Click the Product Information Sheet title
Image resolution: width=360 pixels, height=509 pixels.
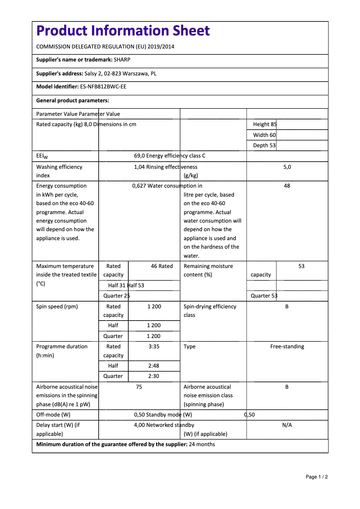pyautogui.click(x=123, y=31)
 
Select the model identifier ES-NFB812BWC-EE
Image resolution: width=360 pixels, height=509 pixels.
pyautogui.click(x=103, y=87)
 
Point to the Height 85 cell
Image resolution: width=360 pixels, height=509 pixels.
pyautogui.click(x=265, y=124)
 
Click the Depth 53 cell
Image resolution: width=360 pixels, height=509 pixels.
pyautogui.click(x=264, y=145)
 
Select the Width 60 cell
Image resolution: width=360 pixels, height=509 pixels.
pyautogui.click(x=264, y=135)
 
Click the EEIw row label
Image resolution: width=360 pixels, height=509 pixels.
pyautogui.click(x=42, y=156)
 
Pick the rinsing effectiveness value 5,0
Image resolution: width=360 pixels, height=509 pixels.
pyautogui.click(x=287, y=167)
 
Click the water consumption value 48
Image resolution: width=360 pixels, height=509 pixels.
pyautogui.click(x=287, y=186)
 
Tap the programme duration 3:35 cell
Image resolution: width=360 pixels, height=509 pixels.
pyautogui.click(x=154, y=347)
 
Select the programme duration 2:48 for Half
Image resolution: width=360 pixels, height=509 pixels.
pyautogui.click(x=154, y=366)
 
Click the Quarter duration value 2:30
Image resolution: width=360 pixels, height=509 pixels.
pyautogui.click(x=154, y=376)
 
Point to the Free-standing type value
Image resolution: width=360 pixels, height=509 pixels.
pyautogui.click(x=287, y=347)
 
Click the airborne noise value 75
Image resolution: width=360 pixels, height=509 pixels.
pyautogui.click(x=139, y=387)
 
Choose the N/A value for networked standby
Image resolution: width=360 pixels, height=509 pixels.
pyautogui.click(x=287, y=425)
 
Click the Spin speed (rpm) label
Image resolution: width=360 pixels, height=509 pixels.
pyautogui.click(x=57, y=307)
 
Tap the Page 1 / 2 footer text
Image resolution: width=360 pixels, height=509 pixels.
pyautogui.click(x=317, y=477)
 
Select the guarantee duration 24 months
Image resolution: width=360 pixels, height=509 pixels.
pyautogui.click(x=202, y=445)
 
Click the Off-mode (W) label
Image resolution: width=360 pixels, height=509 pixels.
pyautogui.click(x=53, y=415)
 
